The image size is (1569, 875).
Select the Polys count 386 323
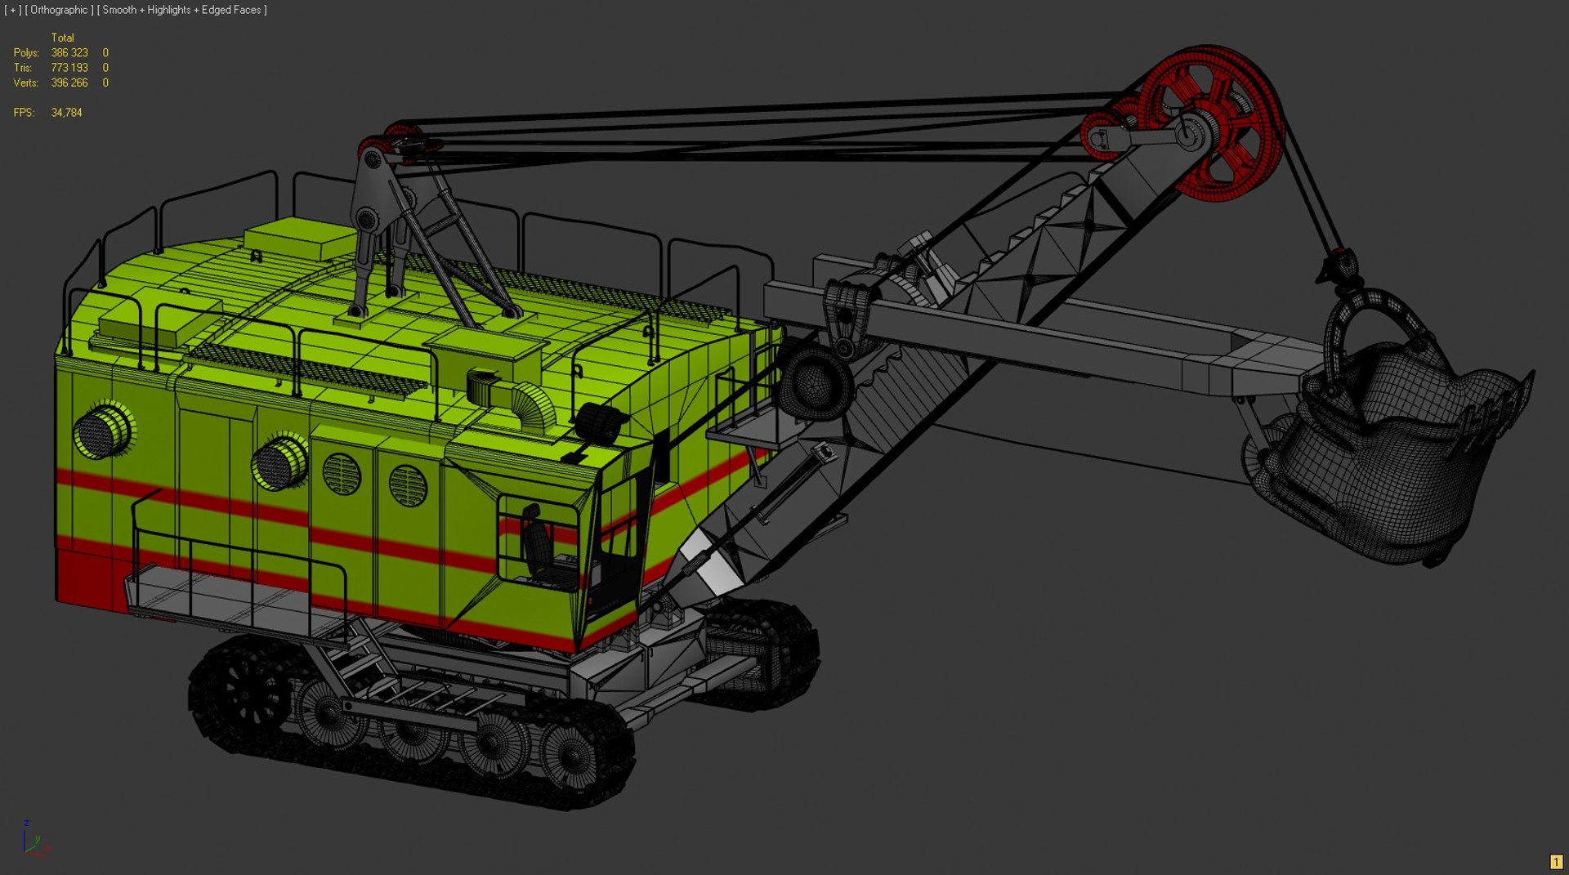(69, 53)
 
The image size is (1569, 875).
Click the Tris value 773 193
(69, 68)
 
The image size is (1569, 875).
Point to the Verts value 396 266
(69, 83)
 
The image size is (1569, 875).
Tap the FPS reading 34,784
(66, 113)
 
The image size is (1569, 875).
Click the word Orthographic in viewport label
(59, 10)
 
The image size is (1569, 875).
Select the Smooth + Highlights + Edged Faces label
(181, 10)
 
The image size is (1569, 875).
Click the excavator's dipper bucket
(1389, 458)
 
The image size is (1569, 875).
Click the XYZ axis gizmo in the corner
(33, 839)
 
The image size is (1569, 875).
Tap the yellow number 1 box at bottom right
(1555, 862)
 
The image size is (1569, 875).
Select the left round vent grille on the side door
(342, 474)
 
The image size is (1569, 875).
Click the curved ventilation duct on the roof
(523, 400)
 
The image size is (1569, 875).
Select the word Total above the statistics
(62, 38)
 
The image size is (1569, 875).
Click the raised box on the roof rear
(298, 237)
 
